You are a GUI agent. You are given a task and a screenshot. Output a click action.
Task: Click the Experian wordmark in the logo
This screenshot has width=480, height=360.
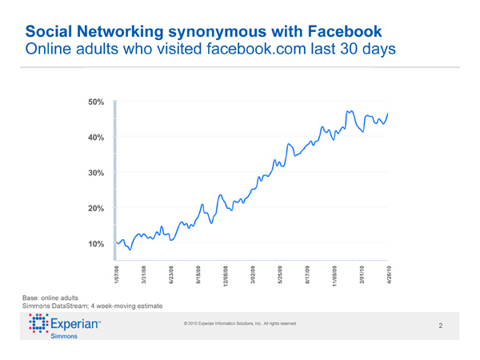point(76,326)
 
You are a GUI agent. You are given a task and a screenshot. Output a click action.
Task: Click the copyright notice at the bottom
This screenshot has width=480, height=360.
point(240,323)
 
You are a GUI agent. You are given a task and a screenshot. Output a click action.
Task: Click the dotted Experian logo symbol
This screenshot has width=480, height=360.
point(37,326)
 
